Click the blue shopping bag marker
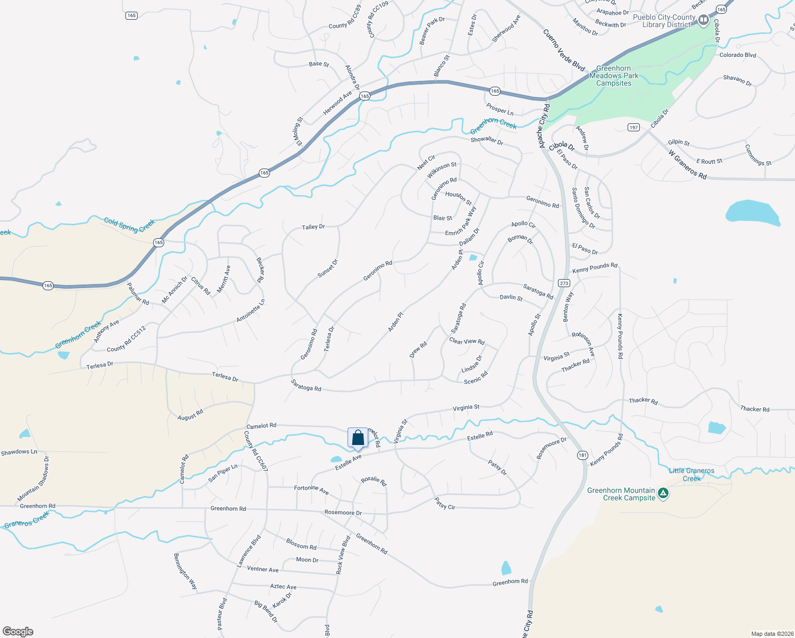[358, 438]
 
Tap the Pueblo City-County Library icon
[704, 21]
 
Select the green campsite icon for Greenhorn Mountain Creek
[663, 493]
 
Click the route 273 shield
[564, 283]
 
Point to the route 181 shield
[582, 455]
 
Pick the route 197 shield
[633, 128]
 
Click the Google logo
[18, 632]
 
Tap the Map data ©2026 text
[770, 634]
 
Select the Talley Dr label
[313, 227]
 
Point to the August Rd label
[190, 415]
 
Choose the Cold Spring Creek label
[129, 225]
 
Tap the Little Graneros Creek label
[691, 474]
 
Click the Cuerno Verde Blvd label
[564, 50]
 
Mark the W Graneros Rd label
[688, 164]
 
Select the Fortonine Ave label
[311, 490]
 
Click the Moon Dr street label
[307, 560]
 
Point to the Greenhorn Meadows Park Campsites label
[614, 75]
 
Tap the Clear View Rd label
[467, 341]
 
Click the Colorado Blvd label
[737, 55]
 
